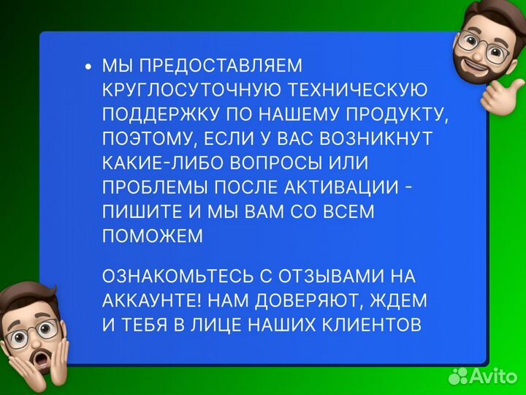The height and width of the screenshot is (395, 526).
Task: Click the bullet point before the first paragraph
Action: click(88, 67)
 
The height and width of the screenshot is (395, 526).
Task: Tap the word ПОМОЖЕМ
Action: click(153, 236)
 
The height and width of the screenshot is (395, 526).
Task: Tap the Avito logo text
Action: click(494, 376)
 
